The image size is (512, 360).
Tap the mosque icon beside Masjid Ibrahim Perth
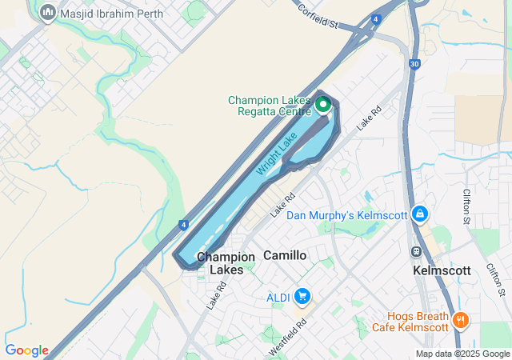pyautogui.click(x=48, y=13)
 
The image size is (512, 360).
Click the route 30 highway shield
pyautogui.click(x=414, y=65)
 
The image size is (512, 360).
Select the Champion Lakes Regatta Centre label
pyautogui.click(x=269, y=106)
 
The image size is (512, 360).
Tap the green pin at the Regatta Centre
pyautogui.click(x=323, y=104)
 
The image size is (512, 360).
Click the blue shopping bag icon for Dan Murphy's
pyautogui.click(x=419, y=214)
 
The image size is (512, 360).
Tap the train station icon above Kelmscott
pyautogui.click(x=416, y=251)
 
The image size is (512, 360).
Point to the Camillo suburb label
pyautogui.click(x=285, y=255)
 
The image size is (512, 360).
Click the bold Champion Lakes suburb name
pyautogui.click(x=226, y=263)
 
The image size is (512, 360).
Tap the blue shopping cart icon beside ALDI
pyautogui.click(x=302, y=298)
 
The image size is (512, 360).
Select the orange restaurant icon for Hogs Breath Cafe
pyautogui.click(x=460, y=321)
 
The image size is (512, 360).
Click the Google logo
pyautogui.click(x=26, y=350)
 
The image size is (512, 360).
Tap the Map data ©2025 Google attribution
pyautogui.click(x=462, y=354)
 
